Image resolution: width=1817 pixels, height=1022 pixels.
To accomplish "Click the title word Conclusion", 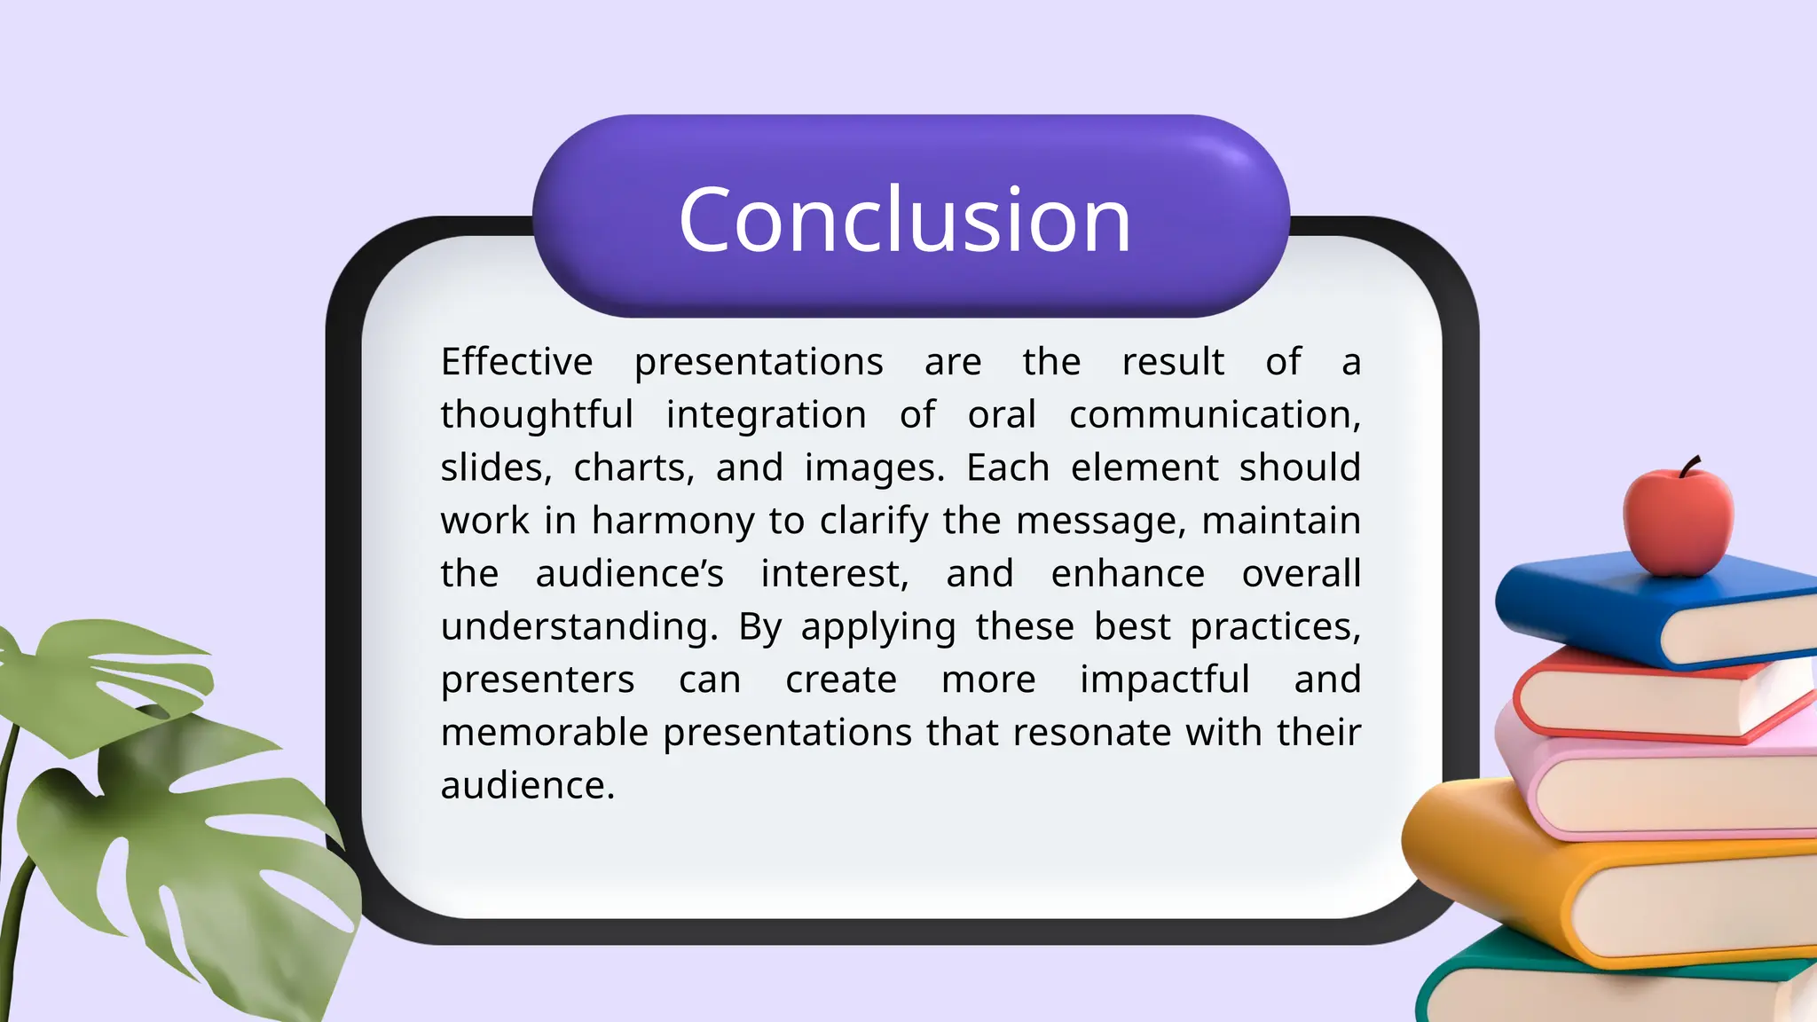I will (905, 220).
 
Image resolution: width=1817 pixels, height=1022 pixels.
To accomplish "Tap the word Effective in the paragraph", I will (516, 362).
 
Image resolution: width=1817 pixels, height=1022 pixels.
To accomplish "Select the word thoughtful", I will (537, 415).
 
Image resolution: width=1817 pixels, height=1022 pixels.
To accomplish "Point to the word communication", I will (1214, 415).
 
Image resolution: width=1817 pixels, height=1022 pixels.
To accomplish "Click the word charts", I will (633, 468).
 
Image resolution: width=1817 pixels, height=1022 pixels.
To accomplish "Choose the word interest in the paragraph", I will (834, 574).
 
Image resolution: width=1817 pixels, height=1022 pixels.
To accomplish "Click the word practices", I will (1274, 627).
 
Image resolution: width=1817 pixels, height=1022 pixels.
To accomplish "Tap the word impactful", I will (1164, 680).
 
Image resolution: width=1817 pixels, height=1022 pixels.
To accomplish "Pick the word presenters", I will (538, 680).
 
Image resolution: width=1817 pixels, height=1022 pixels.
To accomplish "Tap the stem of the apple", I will (1690, 465).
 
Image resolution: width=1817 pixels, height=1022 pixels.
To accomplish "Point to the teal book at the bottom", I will (1508, 985).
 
